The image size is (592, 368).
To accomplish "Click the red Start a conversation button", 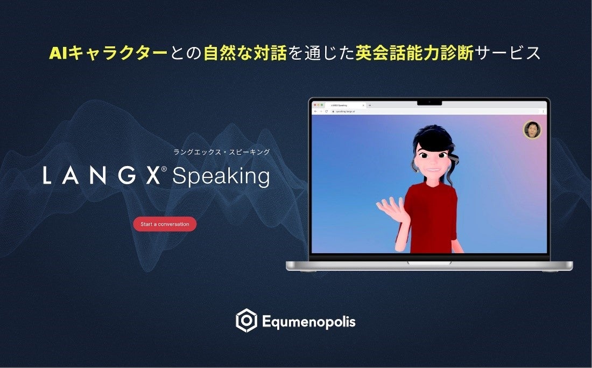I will point(165,224).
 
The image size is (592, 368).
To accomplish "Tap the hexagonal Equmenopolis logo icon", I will point(246,321).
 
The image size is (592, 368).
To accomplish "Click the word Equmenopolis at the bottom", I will point(309,322).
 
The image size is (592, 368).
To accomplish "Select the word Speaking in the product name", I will point(221,177).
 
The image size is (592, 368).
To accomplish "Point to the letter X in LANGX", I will point(153,176).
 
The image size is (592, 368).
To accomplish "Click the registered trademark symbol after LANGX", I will point(164,169).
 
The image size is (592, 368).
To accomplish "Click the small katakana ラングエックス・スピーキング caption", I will point(221,152).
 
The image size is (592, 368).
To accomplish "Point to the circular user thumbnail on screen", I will point(532,130).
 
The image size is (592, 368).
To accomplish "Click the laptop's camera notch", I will point(429,102).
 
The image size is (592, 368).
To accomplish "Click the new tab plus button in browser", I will point(370,105).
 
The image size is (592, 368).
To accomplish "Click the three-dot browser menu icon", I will point(543,111).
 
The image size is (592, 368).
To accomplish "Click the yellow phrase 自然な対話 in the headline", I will point(245,53).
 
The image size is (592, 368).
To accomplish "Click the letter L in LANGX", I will point(47,176).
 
